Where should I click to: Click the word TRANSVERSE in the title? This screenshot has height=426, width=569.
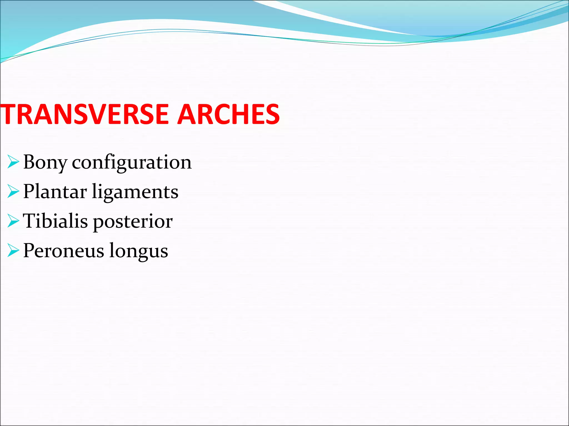[x=85, y=114]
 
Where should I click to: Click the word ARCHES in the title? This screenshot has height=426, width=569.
[x=228, y=114]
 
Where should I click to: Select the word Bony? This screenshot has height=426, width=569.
[x=45, y=163]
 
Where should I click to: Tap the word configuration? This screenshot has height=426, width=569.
[x=132, y=163]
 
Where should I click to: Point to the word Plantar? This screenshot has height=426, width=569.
[x=55, y=192]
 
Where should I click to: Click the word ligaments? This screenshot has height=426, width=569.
[x=135, y=192]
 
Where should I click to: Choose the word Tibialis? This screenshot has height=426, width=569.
[x=55, y=221]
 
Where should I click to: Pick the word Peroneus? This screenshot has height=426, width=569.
[x=64, y=251]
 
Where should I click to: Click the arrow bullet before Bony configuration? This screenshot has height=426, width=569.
[x=13, y=162]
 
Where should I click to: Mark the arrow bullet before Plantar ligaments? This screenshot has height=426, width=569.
[x=13, y=191]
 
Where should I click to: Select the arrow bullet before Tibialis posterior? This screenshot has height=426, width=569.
[x=13, y=221]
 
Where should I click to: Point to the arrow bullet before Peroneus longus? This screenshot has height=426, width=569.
[x=13, y=250]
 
